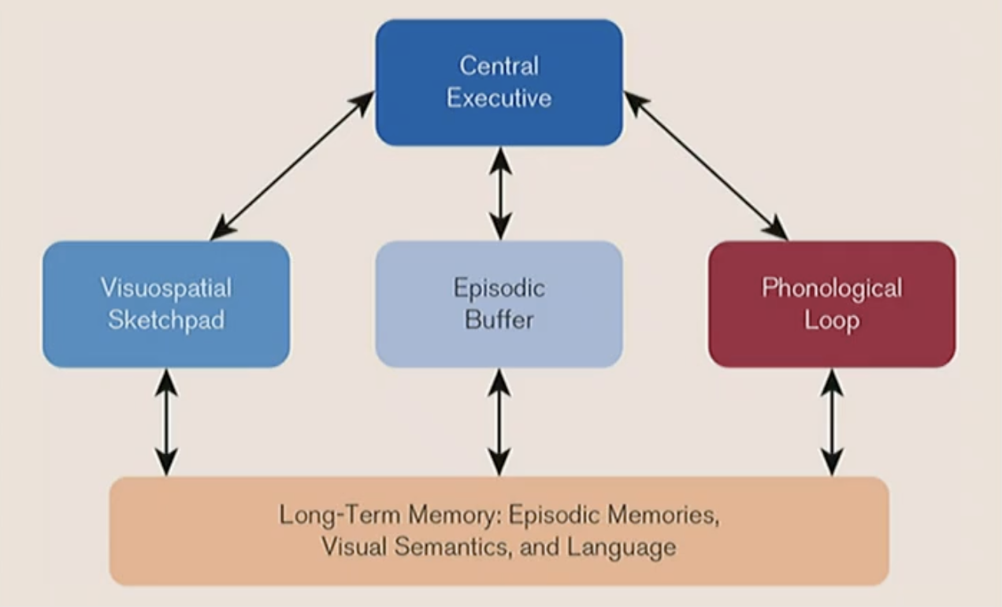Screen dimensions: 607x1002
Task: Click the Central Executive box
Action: [499, 82]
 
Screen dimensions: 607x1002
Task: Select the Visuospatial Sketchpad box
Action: [166, 304]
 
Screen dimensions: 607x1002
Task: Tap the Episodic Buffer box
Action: [499, 304]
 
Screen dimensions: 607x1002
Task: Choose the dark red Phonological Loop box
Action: [832, 304]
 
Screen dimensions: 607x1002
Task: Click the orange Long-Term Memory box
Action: [499, 531]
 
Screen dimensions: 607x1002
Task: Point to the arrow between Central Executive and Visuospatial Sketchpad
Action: [292, 165]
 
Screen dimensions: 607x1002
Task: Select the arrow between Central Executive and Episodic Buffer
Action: [499, 193]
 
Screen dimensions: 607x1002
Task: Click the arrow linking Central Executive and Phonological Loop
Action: [706, 165]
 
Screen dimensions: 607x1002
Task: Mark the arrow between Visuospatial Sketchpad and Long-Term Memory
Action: [166, 422]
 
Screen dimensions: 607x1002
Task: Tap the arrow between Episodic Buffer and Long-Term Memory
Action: [499, 422]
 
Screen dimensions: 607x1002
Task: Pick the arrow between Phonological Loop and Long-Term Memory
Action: [832, 422]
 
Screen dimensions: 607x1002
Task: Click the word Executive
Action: [499, 98]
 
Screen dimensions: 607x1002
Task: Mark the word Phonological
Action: [832, 288]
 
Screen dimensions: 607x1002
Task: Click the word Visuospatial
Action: [166, 288]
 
